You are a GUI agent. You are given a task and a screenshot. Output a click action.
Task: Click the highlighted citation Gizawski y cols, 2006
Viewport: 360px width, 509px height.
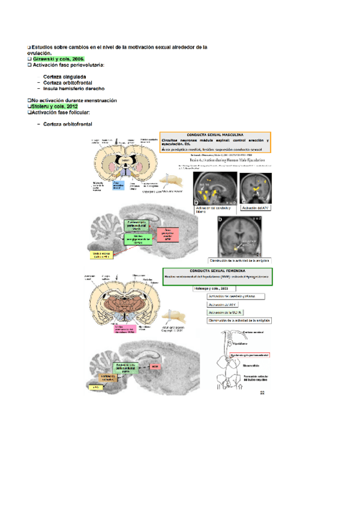point(56,59)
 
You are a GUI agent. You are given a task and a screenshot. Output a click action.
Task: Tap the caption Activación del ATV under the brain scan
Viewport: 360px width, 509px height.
point(255,207)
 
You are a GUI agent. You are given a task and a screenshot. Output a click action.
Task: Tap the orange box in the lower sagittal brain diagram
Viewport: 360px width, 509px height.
point(112,376)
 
